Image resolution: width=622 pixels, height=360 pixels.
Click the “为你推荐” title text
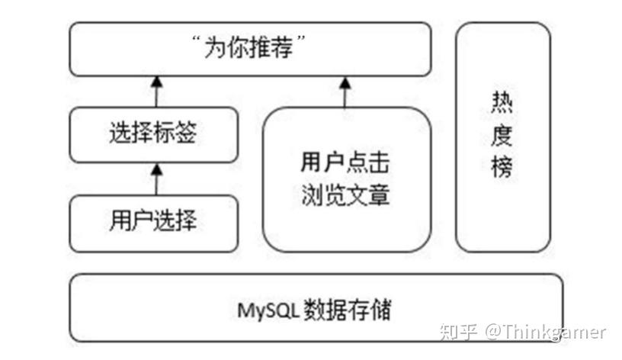(248, 47)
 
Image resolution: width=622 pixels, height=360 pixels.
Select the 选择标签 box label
(153, 132)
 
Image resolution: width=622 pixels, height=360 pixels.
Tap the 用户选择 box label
(153, 220)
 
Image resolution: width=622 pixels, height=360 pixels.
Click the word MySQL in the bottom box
(268, 310)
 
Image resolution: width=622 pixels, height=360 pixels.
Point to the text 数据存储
(348, 309)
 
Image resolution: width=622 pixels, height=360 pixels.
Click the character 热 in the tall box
(502, 102)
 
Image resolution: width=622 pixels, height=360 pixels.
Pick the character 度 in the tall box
(502, 135)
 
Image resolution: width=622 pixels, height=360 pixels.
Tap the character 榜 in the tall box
(502, 167)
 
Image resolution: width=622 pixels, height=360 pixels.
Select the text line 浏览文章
(345, 195)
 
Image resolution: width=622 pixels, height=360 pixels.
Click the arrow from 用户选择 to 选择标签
(157, 179)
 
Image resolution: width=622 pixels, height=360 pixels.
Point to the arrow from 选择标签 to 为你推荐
(157, 92)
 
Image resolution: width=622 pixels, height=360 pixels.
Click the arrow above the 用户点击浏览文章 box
(345, 92)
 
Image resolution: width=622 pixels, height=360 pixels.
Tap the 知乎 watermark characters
(458, 332)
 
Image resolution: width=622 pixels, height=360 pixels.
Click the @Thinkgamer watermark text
(546, 332)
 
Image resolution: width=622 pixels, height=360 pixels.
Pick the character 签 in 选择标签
(186, 132)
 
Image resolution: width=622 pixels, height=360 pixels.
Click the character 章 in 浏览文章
(379, 195)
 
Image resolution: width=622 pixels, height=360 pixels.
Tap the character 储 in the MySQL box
(381, 309)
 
